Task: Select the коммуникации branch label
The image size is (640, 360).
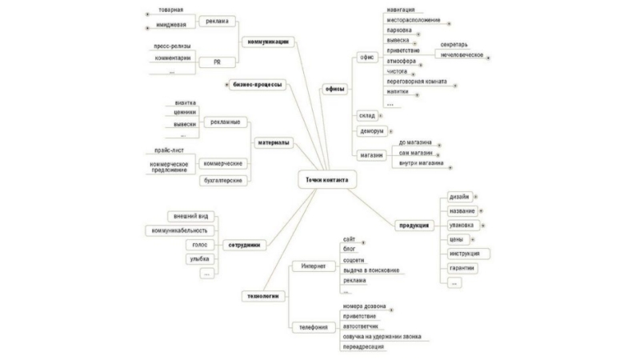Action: point(268,41)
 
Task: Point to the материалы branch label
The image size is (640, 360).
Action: point(274,143)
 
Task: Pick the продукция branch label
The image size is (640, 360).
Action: point(416,226)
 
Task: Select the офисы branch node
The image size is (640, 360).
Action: point(334,89)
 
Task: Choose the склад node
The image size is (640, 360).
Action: point(367,115)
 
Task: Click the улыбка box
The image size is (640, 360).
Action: point(199,258)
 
